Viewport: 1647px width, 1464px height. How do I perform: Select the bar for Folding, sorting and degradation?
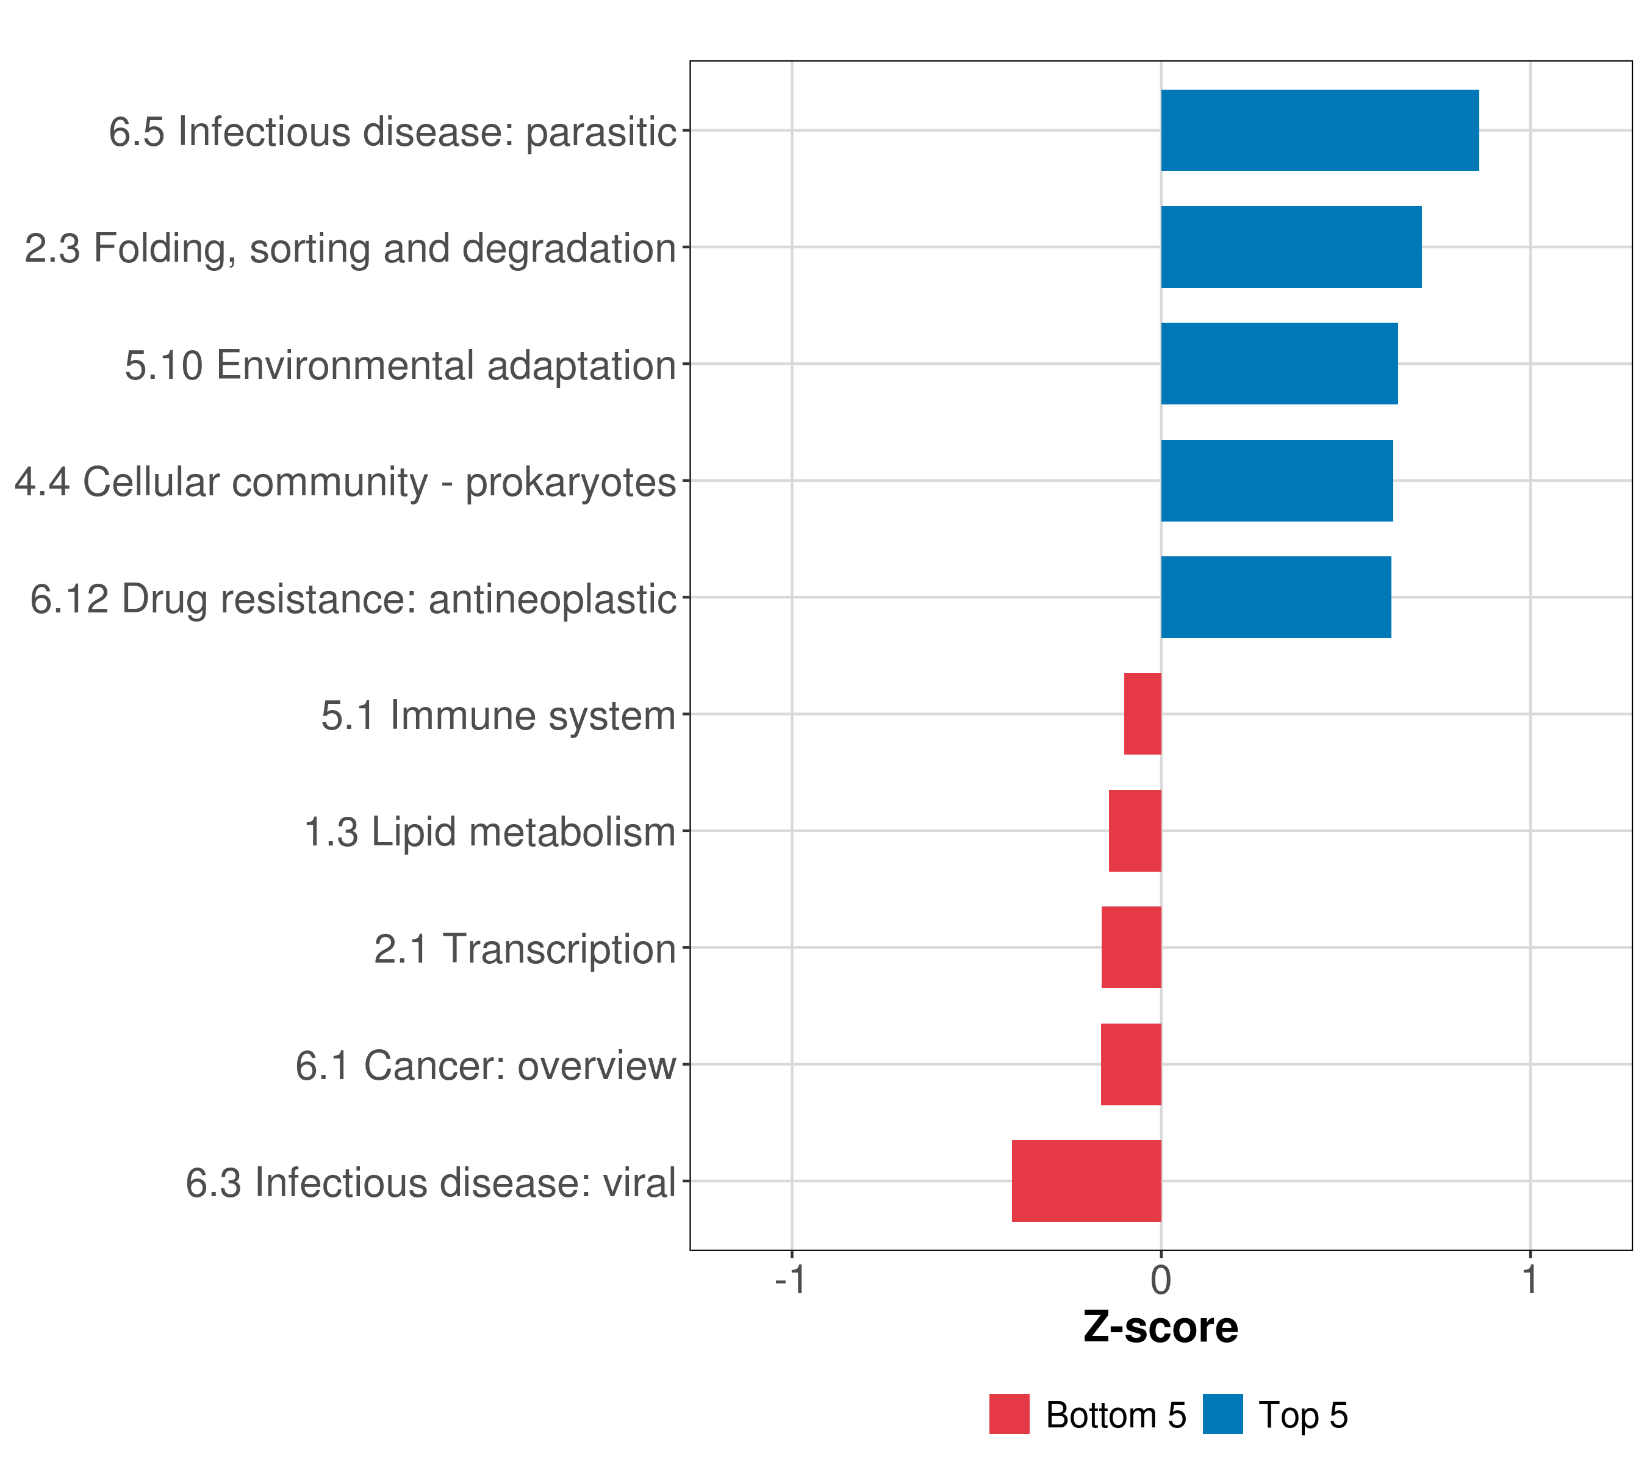(1291, 248)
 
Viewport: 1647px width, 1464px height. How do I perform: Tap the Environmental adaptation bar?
(1279, 364)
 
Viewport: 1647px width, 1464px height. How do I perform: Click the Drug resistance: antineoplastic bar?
(1276, 597)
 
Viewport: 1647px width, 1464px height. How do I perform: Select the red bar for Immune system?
(1143, 714)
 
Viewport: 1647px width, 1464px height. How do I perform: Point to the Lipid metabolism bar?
(1135, 831)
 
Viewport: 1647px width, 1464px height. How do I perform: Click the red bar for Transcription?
(1132, 947)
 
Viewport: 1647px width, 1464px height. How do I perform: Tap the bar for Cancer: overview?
(1130, 1064)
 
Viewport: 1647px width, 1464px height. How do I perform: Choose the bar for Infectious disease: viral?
(1086, 1181)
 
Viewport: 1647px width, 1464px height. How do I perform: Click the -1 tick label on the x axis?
(791, 1280)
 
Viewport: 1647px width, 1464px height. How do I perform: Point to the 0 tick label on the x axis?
(1160, 1280)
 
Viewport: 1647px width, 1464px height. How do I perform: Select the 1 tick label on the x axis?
(1529, 1280)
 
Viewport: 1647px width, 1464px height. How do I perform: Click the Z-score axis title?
(1160, 1329)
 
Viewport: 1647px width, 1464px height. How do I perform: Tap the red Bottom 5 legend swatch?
(1009, 1414)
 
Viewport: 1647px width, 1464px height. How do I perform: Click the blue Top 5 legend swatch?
(1222, 1414)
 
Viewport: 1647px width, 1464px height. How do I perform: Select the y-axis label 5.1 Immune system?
(498, 716)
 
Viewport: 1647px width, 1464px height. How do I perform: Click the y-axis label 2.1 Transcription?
(525, 949)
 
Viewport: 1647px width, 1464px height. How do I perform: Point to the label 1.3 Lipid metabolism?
(489, 832)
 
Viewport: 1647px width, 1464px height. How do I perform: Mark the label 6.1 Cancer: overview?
(485, 1066)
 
